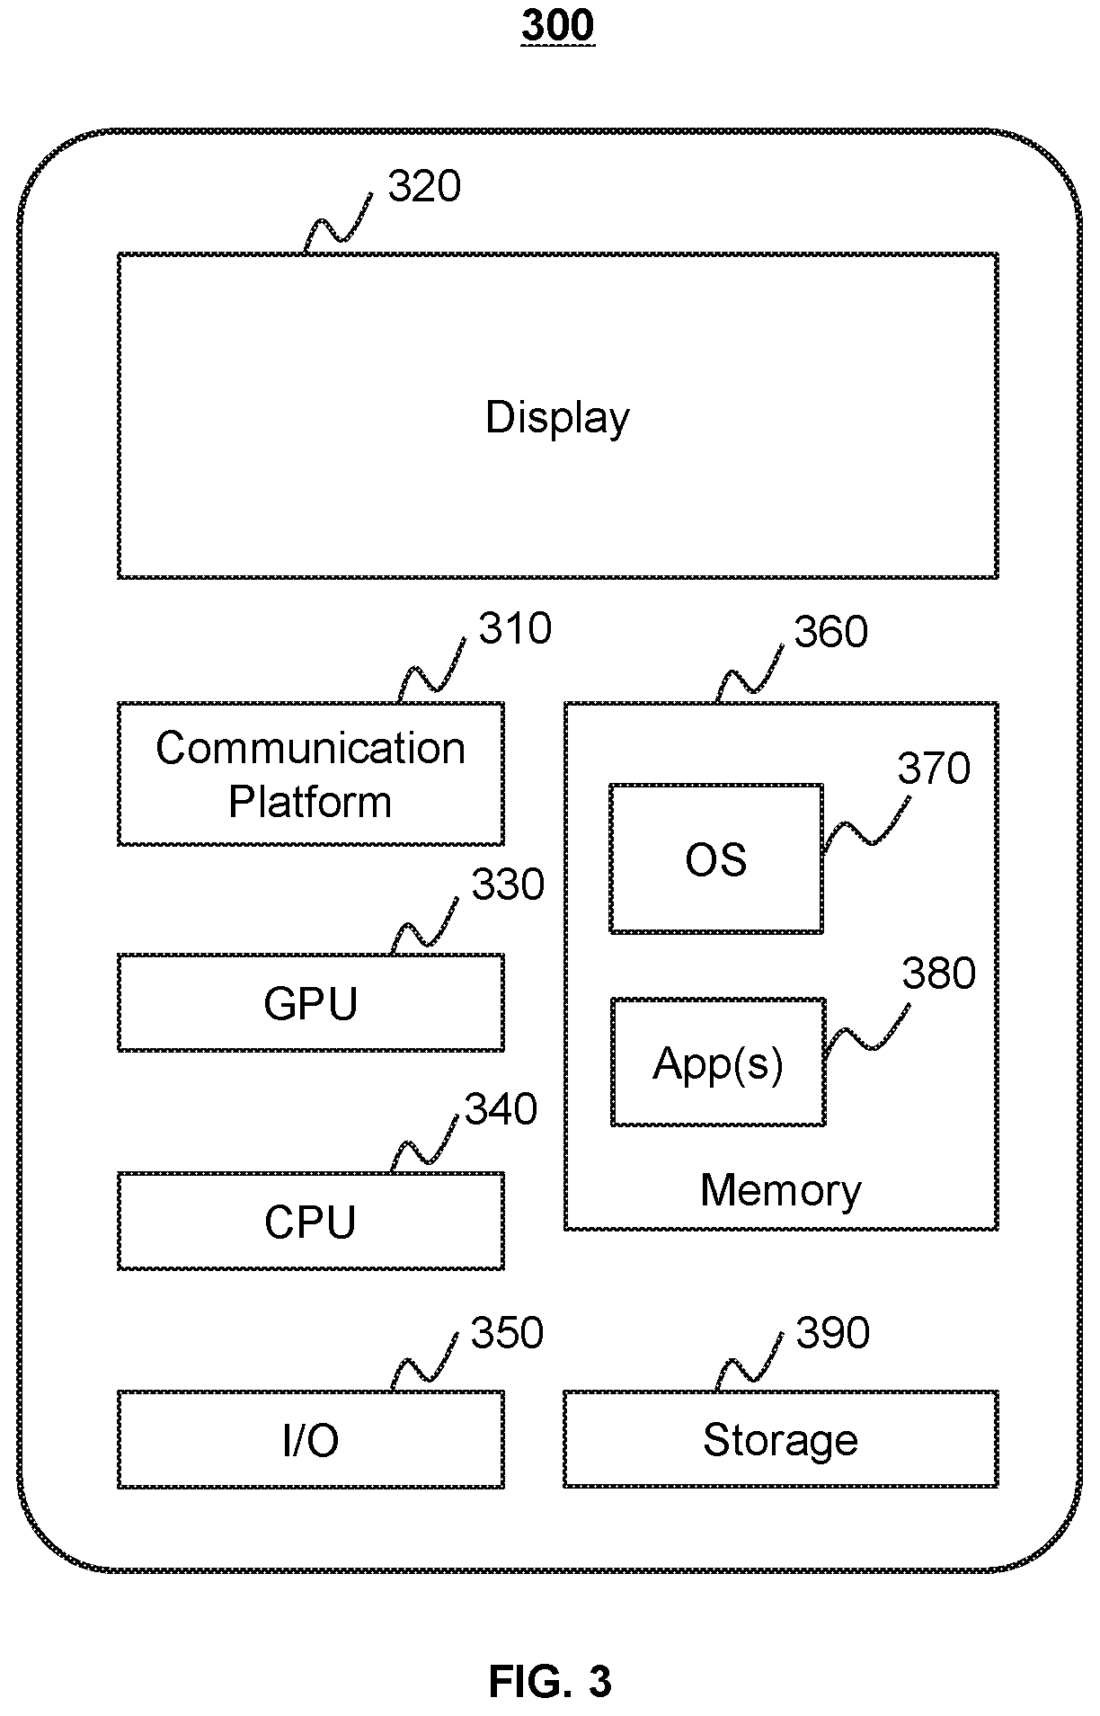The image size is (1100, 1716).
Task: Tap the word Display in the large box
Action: [557, 418]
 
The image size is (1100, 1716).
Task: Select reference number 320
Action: [424, 187]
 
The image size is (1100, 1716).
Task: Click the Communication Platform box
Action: [311, 774]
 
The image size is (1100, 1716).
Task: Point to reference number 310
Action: [515, 629]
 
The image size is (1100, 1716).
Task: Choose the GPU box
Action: [311, 1002]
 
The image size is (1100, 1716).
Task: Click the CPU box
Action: [311, 1221]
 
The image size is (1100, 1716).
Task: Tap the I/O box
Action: [311, 1439]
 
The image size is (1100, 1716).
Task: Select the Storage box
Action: [781, 1439]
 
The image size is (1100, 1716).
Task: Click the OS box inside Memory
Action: [716, 858]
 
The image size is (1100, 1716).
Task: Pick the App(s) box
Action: [718, 1062]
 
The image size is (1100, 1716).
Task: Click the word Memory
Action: [781, 1190]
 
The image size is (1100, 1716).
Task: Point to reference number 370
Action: [935, 769]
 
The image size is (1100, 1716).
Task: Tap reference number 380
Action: [939, 974]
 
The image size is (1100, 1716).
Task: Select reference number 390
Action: [833, 1333]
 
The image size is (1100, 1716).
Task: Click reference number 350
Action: [508, 1333]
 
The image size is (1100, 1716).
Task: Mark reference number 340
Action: [501, 1110]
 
